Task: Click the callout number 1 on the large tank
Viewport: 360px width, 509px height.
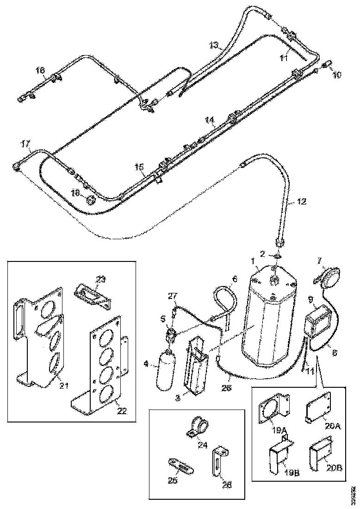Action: point(253,262)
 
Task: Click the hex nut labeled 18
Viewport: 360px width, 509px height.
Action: point(91,200)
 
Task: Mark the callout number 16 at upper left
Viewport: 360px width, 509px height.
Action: point(41,70)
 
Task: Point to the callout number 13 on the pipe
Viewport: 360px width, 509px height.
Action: point(214,45)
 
